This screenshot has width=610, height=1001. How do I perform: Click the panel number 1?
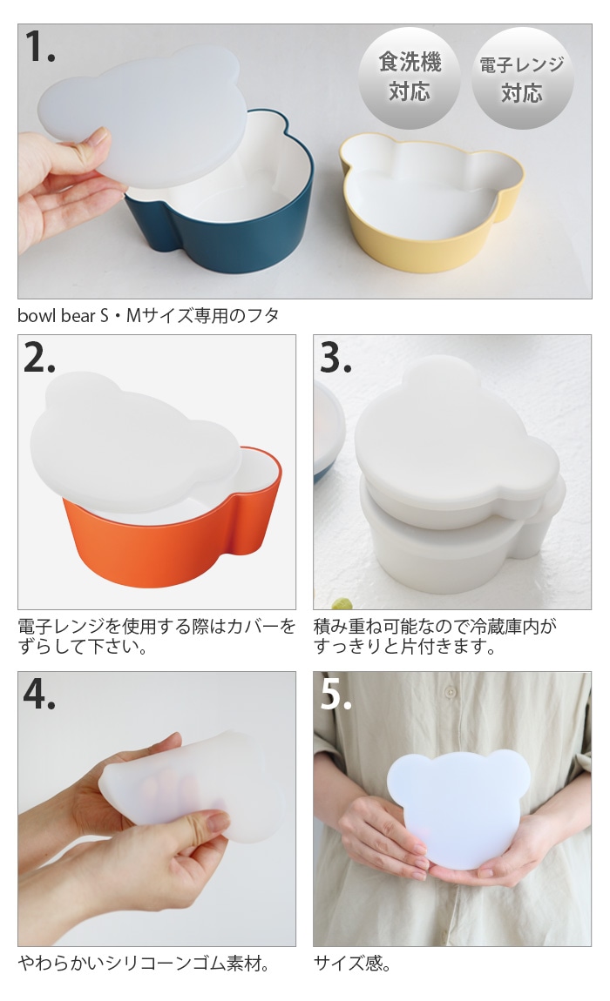[x=39, y=47]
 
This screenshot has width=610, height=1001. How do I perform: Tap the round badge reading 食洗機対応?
[x=410, y=77]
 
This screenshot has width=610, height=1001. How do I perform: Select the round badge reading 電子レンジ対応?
[x=522, y=77]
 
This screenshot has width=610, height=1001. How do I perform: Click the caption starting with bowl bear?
[x=148, y=315]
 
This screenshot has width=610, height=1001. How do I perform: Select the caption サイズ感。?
[x=352, y=963]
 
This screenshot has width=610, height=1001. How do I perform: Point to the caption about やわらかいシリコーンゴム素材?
[x=145, y=963]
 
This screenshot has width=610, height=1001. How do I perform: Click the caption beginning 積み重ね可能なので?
[x=435, y=636]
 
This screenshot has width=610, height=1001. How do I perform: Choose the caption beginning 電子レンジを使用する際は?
[x=157, y=636]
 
